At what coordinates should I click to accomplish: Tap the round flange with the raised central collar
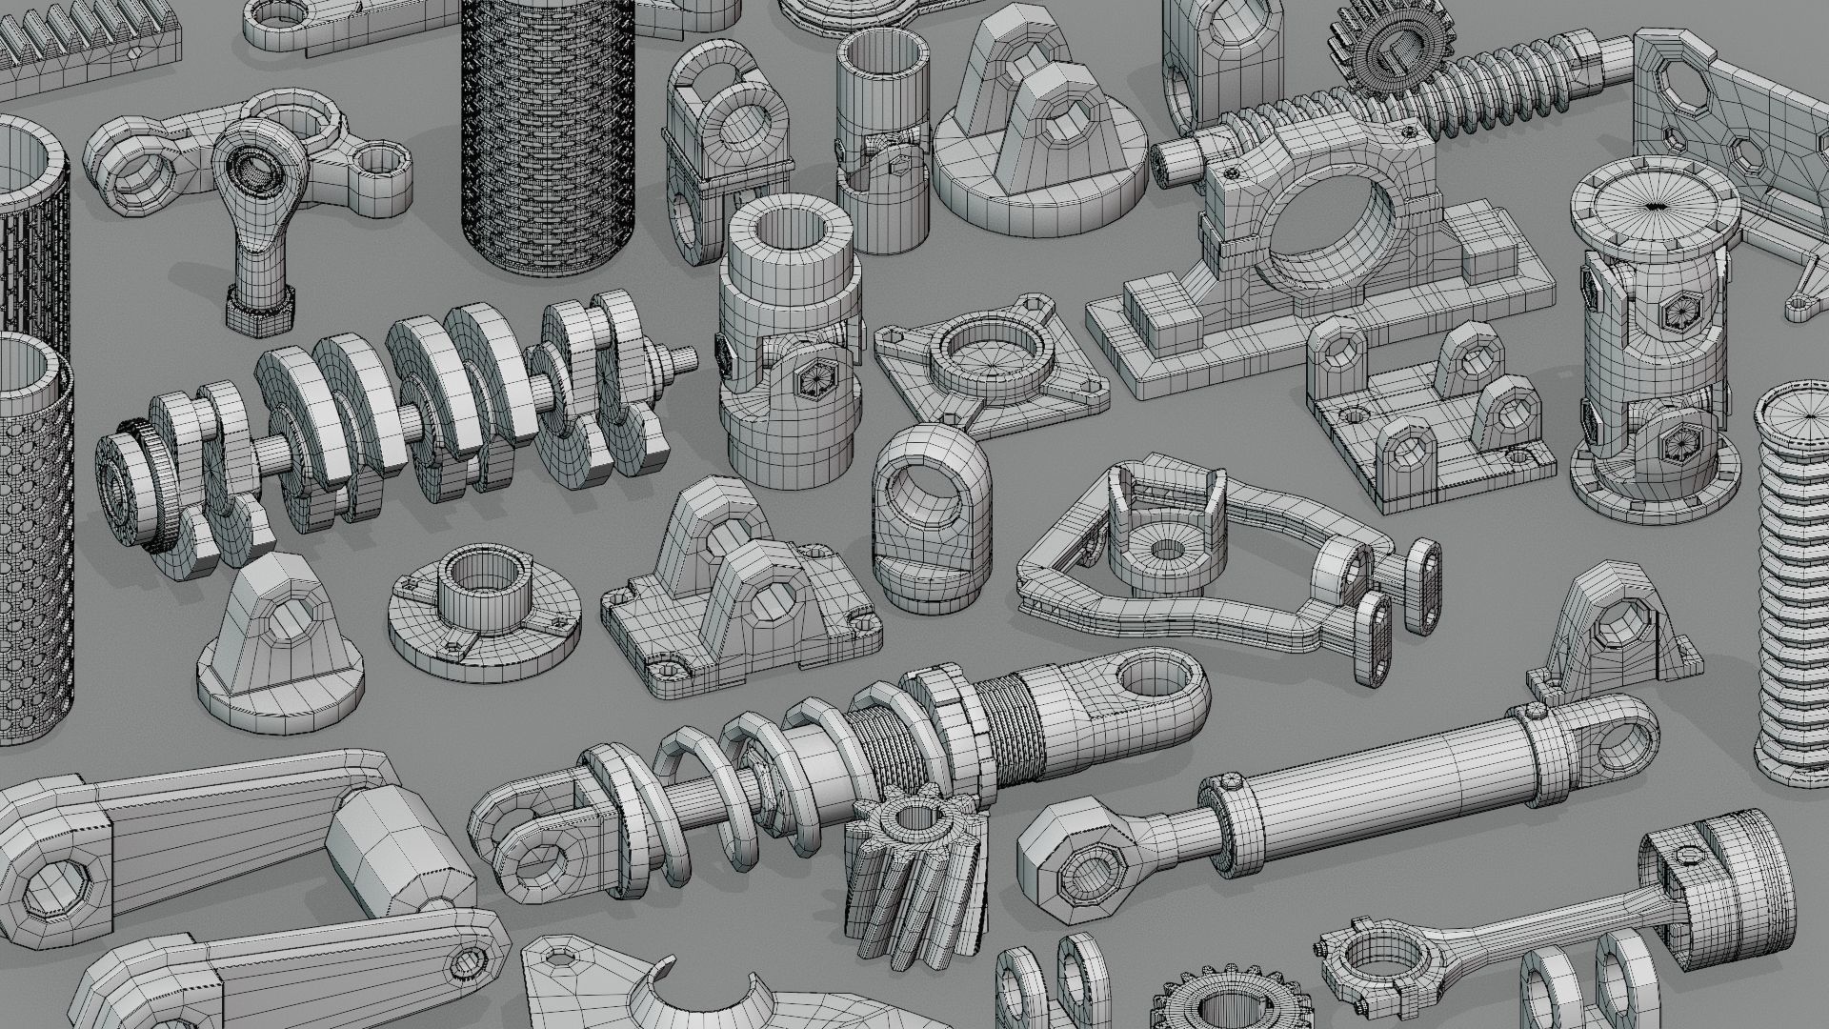click(x=486, y=595)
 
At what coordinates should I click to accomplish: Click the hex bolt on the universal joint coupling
click(x=817, y=378)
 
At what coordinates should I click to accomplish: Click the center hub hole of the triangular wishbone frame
click(x=1165, y=551)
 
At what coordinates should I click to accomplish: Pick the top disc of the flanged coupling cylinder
click(x=1656, y=205)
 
